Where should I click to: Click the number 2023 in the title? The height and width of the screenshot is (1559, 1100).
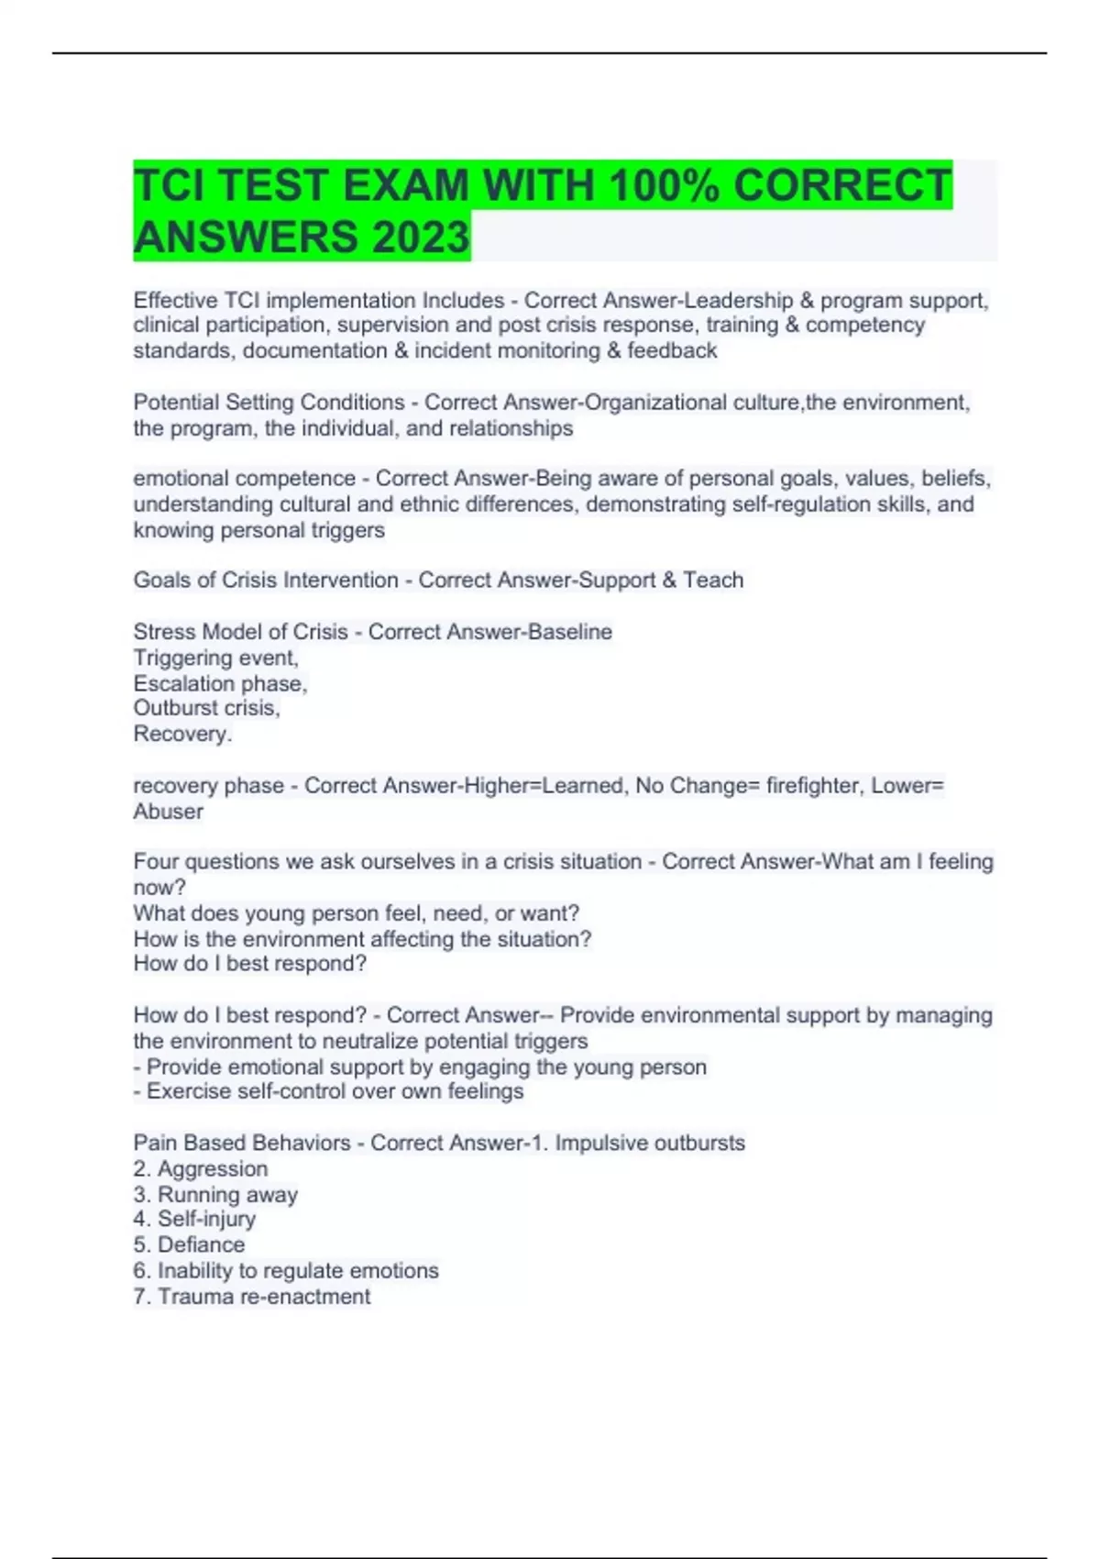click(420, 237)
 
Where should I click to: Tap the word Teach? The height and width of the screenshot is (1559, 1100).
click(712, 580)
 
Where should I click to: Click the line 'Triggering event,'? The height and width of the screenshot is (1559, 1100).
click(215, 658)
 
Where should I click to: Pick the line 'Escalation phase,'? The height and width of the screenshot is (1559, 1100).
click(220, 683)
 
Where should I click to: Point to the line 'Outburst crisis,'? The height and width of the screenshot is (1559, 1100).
click(206, 708)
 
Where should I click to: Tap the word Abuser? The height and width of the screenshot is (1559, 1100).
click(168, 812)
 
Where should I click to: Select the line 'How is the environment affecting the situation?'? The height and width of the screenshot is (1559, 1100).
click(362, 939)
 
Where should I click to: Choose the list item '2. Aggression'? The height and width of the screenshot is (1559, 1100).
click(201, 1168)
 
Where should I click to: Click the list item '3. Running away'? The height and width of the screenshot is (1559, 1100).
click(215, 1194)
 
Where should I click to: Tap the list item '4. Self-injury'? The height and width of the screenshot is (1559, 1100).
click(194, 1219)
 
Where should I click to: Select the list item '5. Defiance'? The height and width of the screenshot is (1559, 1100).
click(189, 1244)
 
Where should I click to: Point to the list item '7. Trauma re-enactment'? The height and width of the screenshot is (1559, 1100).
click(252, 1296)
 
